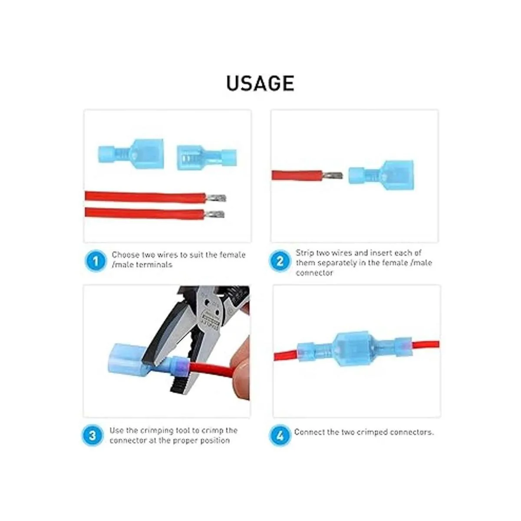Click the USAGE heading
[x=260, y=83]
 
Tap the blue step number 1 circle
[x=96, y=261]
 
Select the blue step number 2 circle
[x=280, y=261]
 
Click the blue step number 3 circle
[x=92, y=435]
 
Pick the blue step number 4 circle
[x=280, y=435]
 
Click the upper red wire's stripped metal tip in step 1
[x=216, y=198]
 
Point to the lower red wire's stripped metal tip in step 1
[x=214, y=214]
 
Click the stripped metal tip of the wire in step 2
[x=333, y=175]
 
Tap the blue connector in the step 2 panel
[x=381, y=175]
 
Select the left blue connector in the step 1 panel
[x=131, y=154]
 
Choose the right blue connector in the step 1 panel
[x=207, y=158]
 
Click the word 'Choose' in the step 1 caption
[x=125, y=255]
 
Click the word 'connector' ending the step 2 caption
[x=314, y=273]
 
